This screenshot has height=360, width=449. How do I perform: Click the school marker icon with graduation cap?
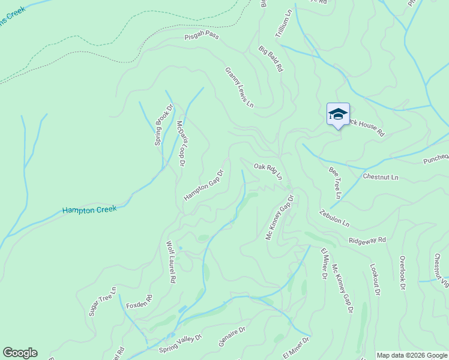(338, 114)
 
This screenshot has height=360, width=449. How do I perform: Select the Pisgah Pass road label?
(201, 37)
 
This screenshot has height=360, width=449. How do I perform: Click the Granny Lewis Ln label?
(240, 88)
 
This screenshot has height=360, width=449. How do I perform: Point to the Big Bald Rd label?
(271, 59)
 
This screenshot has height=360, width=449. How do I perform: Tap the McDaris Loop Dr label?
(181, 143)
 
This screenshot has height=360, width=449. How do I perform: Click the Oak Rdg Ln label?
(268, 171)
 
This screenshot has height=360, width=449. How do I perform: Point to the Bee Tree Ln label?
(335, 183)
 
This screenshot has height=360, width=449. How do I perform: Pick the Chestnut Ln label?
(381, 177)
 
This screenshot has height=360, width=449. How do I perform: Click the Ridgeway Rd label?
(367, 240)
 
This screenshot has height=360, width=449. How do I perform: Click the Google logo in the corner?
(20, 353)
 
